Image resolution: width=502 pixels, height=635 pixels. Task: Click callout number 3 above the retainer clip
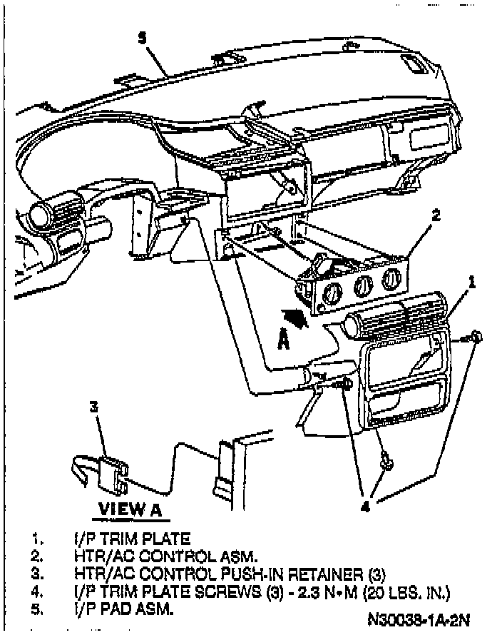click(x=93, y=407)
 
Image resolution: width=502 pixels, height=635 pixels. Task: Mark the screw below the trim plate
click(x=386, y=462)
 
